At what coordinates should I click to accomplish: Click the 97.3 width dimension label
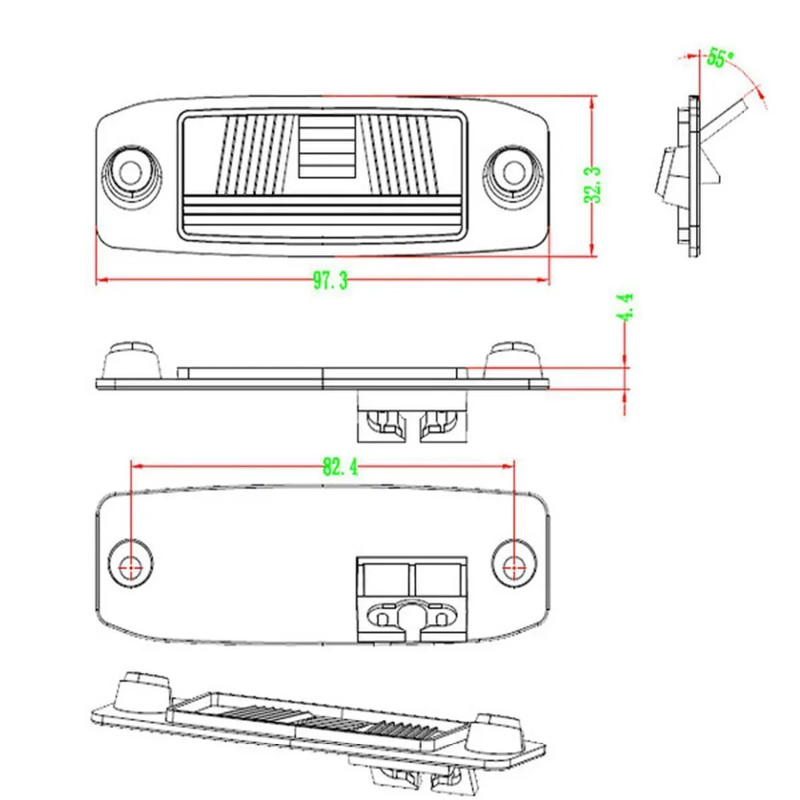click(330, 280)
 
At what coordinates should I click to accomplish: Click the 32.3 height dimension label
click(593, 185)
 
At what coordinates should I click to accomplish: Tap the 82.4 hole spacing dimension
click(340, 466)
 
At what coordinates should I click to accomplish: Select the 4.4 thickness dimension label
click(626, 306)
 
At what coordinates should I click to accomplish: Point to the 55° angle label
click(720, 58)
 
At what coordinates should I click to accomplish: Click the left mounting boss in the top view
click(130, 172)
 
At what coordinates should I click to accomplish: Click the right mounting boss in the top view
click(514, 172)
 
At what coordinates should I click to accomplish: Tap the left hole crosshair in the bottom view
click(130, 566)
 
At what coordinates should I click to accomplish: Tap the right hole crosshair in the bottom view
click(514, 566)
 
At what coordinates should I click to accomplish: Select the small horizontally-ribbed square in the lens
click(326, 146)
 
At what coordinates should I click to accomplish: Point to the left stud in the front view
click(132, 360)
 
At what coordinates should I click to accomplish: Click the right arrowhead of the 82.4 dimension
click(508, 466)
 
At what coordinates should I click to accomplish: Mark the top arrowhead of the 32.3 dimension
click(592, 102)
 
